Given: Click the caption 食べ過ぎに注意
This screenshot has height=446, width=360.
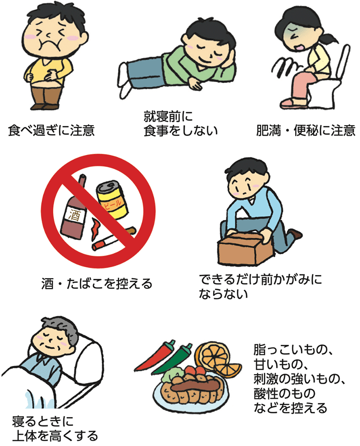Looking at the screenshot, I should tap(51, 130).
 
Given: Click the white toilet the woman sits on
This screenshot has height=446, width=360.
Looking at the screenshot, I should tap(331, 86).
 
